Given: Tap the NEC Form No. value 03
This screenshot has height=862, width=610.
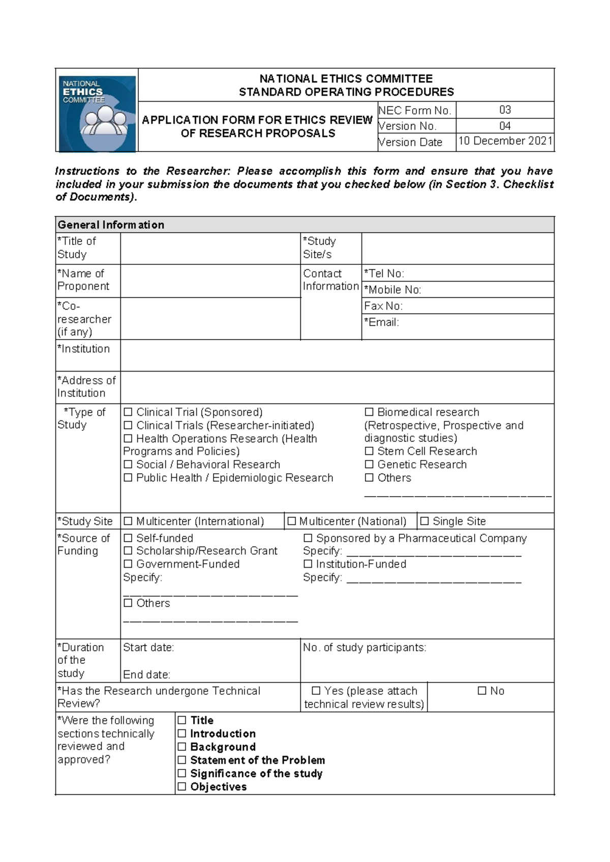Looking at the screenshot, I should [x=505, y=110].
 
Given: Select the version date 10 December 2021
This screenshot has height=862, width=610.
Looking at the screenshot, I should [x=505, y=141].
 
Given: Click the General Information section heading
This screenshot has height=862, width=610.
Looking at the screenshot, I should [x=111, y=225].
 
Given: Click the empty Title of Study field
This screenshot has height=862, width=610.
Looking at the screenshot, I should [x=210, y=248].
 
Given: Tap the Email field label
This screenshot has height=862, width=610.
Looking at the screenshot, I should [x=381, y=322].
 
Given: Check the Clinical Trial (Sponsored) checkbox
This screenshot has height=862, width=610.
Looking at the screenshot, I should [x=128, y=412].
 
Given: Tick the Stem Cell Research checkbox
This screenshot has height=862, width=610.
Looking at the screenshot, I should [x=369, y=451].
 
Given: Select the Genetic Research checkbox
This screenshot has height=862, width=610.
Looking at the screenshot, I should [x=369, y=465].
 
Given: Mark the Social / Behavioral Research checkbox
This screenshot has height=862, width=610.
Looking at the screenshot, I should [x=128, y=465].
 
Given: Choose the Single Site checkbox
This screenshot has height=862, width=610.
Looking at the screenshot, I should [x=424, y=521].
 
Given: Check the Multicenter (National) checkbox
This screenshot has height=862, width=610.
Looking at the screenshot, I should [x=291, y=521].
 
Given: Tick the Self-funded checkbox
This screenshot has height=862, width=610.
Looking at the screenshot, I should [x=128, y=538].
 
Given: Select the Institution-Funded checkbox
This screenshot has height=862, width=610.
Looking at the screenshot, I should [x=308, y=564].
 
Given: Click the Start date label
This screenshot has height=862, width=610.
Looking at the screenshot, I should [x=148, y=648].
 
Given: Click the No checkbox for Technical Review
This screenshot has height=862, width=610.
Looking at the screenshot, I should [x=482, y=691].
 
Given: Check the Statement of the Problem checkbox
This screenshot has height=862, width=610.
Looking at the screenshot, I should [x=182, y=760].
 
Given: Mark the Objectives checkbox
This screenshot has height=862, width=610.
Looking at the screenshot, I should [x=182, y=787].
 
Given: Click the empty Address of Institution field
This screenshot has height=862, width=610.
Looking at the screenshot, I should [x=337, y=387].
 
